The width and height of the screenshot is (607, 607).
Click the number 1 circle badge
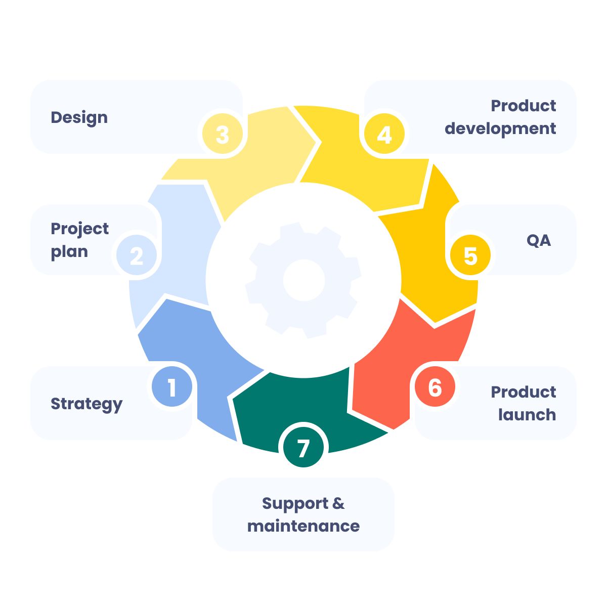[172, 387]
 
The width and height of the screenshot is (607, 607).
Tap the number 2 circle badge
[137, 256]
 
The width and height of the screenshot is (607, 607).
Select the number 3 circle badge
[223, 135]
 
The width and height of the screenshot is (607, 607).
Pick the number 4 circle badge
[384, 135]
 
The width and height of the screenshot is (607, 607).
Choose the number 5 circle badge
[470, 256]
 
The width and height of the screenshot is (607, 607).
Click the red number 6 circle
[435, 387]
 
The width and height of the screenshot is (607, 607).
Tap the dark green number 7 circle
[303, 448]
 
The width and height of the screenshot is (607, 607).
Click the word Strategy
[86, 404]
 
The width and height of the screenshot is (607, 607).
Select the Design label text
[79, 117]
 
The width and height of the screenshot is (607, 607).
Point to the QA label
[539, 240]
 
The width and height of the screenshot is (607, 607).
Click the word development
[500, 128]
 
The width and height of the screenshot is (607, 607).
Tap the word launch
[527, 415]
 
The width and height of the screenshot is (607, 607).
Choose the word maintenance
[303, 526]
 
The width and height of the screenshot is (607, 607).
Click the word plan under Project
[69, 252]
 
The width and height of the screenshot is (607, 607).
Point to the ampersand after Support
[338, 503]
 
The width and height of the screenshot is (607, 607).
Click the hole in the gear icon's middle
[303, 280]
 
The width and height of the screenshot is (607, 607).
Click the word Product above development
[524, 106]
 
